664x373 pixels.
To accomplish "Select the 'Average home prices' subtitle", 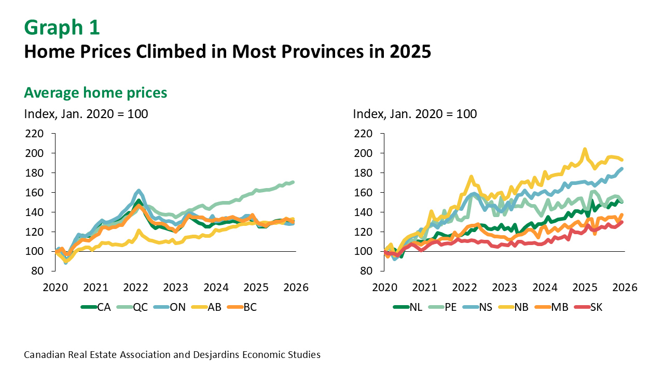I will pyautogui.click(x=95, y=93).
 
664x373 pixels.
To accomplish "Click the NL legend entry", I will pyautogui.click(x=408, y=307).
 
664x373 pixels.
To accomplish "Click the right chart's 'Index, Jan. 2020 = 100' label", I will pyautogui.click(x=414, y=114).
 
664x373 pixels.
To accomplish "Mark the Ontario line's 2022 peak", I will pyautogui.click(x=139, y=191).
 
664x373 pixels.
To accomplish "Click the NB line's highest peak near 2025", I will pyautogui.click(x=585, y=149).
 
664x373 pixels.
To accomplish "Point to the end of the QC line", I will pyautogui.click(x=294, y=182).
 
